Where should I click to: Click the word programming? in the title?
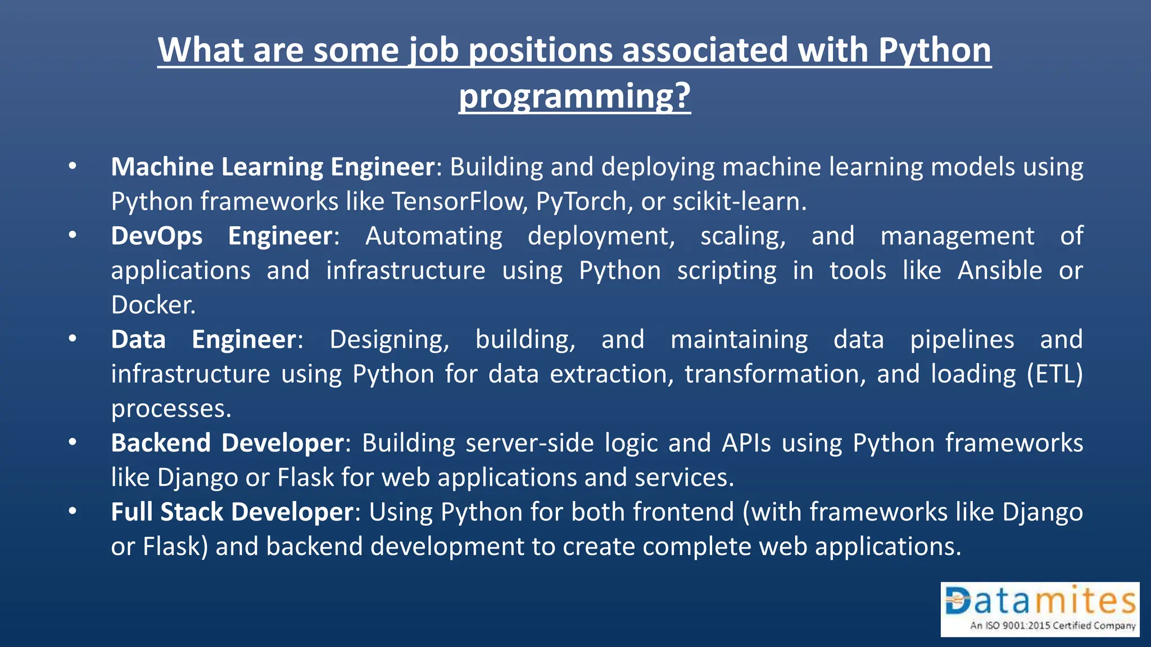pos(574,97)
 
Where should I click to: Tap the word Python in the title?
pos(935,51)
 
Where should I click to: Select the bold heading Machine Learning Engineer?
pos(273,167)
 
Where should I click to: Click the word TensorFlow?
pos(459,202)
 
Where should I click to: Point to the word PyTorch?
pos(581,202)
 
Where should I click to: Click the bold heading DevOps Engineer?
pos(222,236)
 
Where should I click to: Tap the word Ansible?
pos(1000,271)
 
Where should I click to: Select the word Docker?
pos(153,306)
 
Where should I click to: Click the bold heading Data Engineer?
pos(203,340)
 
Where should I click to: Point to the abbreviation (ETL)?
pos(1054,374)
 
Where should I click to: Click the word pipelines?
pos(962,340)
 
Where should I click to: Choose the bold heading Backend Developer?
pos(227,443)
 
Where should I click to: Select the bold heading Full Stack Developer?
pos(232,512)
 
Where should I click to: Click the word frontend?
pos(683,512)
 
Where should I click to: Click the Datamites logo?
pos(1040,602)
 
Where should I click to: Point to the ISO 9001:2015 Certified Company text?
pos(1052,626)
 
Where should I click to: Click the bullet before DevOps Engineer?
pos(72,235)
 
